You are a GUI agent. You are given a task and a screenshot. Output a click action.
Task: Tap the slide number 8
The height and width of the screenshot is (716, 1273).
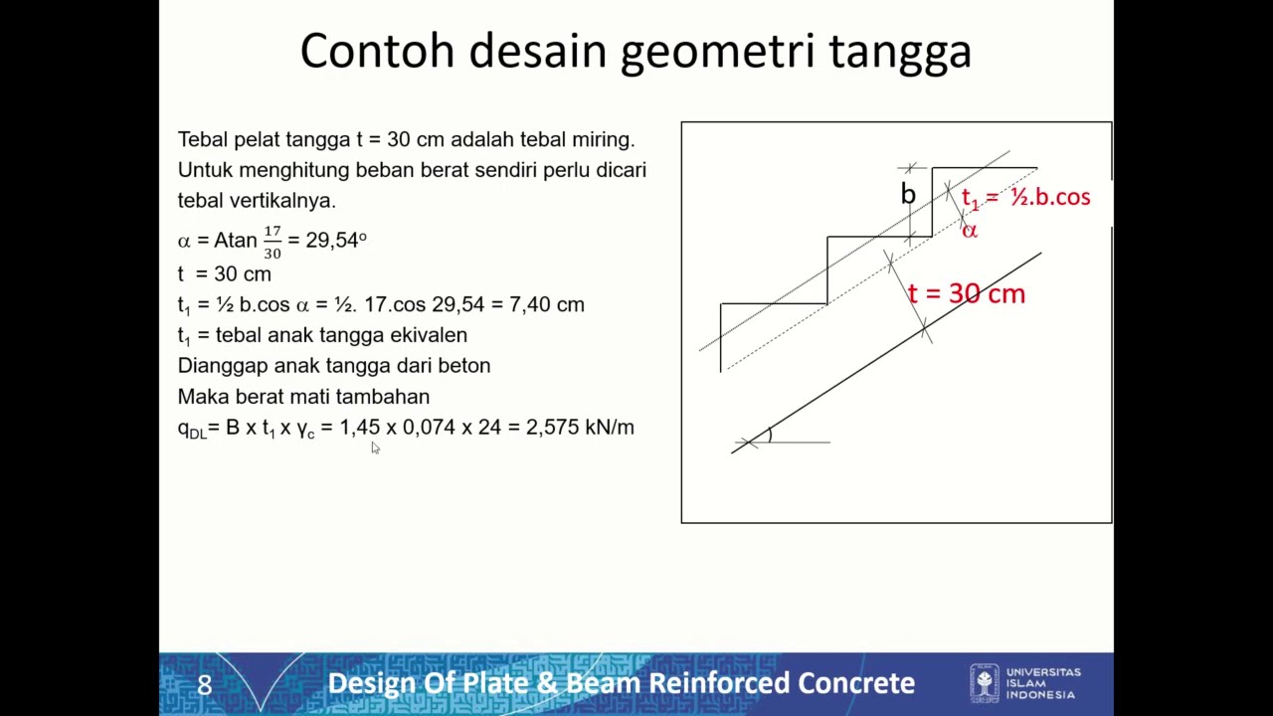(x=204, y=685)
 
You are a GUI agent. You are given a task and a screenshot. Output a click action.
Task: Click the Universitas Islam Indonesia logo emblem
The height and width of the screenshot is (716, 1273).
(x=985, y=683)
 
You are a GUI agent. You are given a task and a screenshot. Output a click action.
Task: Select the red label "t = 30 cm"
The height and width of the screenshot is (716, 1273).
(x=966, y=293)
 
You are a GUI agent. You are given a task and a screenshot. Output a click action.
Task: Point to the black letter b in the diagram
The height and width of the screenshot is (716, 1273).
(x=908, y=194)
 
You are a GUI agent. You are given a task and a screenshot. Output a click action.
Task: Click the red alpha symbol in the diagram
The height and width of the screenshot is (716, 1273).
(x=970, y=231)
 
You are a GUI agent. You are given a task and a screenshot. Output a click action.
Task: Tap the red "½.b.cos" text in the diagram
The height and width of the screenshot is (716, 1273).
(x=1050, y=197)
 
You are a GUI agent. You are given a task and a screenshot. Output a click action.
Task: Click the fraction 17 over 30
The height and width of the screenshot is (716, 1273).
(x=273, y=242)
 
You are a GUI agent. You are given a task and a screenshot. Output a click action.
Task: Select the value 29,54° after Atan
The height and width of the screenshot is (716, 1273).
(x=336, y=241)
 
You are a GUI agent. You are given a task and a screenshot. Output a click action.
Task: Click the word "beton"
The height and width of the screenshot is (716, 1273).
(x=463, y=366)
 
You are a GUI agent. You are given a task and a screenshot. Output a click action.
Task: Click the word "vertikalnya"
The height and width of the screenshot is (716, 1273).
(x=282, y=201)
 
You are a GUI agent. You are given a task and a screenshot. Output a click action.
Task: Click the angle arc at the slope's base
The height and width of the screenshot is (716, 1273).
(x=769, y=435)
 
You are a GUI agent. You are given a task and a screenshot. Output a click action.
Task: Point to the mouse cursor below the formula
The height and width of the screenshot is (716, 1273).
(x=375, y=448)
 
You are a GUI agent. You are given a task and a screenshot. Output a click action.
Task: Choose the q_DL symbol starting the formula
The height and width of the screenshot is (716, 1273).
(x=191, y=429)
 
